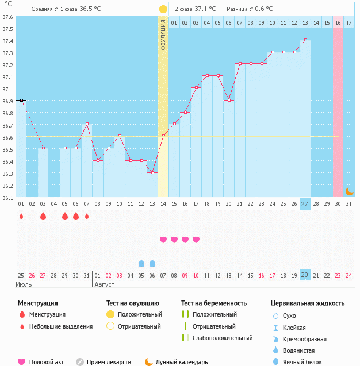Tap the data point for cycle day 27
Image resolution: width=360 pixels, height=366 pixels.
305,40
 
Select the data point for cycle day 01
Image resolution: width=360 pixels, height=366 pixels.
21,100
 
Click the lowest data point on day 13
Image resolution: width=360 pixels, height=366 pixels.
152,172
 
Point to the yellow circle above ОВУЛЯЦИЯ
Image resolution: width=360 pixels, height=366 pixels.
163,9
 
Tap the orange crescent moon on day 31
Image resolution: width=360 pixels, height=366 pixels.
349,191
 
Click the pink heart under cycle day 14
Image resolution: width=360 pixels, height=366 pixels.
163,240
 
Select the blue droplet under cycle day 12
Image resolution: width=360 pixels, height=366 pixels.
141,264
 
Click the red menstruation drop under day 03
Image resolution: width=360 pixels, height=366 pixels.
43,217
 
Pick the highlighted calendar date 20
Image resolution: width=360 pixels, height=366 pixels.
305,275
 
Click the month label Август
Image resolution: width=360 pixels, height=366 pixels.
104,284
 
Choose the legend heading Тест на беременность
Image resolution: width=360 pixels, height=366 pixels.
214,303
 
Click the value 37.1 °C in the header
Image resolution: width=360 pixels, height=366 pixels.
205,9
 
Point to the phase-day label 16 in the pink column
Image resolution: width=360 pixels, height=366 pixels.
338,22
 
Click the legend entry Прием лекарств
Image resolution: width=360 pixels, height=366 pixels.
109,362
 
